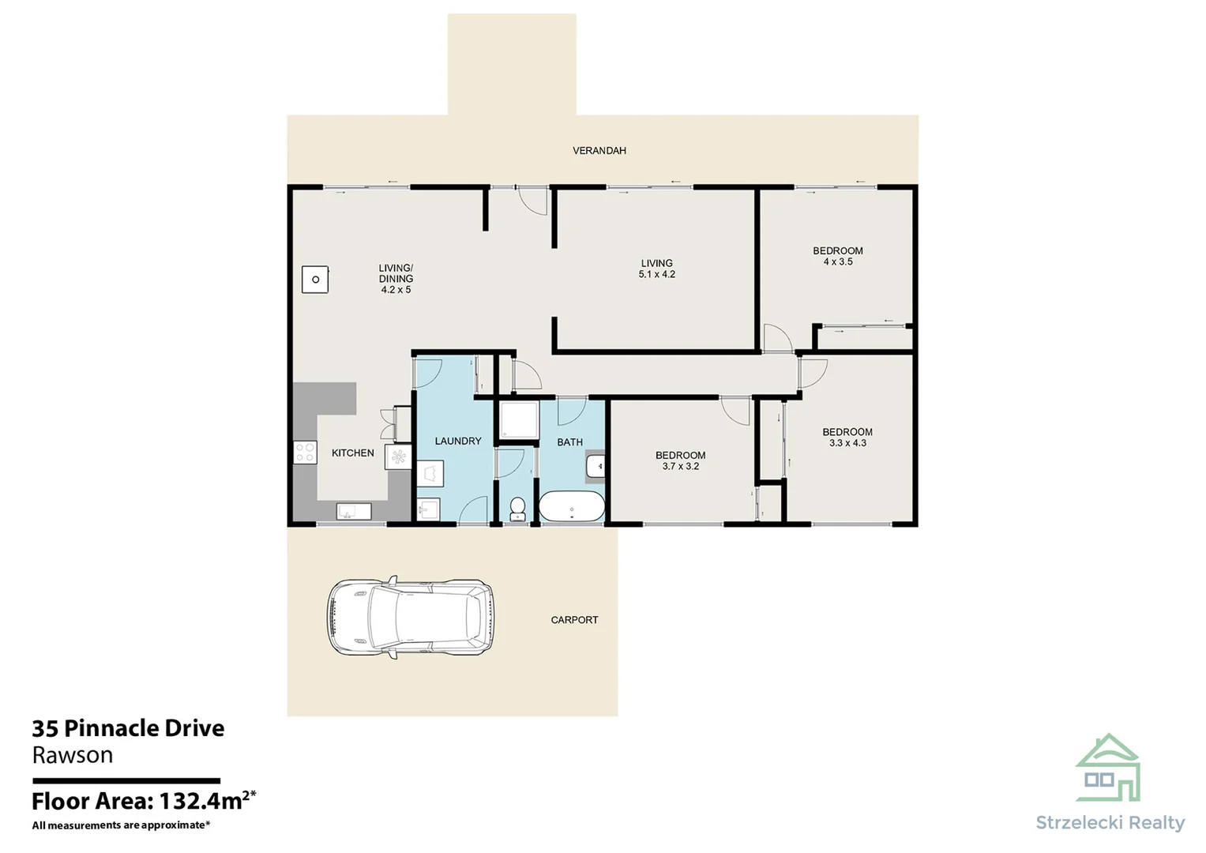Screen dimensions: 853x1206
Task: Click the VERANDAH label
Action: pos(599,150)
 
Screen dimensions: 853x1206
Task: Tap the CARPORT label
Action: pos(574,620)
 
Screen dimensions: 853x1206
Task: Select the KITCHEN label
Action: pos(352,453)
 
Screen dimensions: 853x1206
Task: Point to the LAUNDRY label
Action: pos(457,441)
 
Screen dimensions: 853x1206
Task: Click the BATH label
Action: pos(569,442)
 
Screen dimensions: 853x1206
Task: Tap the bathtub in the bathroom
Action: pos(571,507)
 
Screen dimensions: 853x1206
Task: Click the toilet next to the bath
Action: pos(517,508)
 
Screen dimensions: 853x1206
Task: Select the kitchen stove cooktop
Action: pos(305,453)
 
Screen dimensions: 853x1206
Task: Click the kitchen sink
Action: pos(353,511)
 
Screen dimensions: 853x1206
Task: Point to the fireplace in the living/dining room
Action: pos(315,280)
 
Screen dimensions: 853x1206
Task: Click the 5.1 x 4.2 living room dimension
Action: pos(656,275)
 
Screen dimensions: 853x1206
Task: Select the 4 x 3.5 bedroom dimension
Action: pos(838,262)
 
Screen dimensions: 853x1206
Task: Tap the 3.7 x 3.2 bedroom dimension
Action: pos(680,467)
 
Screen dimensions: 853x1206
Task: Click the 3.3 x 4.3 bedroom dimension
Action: pos(847,443)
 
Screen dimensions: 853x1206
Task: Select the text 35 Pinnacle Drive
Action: pos(128,728)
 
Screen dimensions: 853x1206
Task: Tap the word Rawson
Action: pos(72,756)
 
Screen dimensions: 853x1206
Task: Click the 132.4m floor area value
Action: pos(201,801)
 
